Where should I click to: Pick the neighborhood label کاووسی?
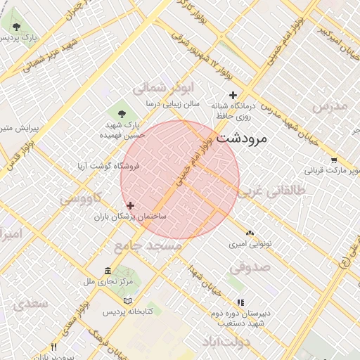coord(81,199)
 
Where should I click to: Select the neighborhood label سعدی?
coord(27,304)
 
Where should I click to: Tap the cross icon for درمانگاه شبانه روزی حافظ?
coord(233,95)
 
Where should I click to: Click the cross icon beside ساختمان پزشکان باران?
coord(131,205)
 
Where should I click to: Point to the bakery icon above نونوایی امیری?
coord(250,232)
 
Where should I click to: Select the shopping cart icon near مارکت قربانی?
coord(333,160)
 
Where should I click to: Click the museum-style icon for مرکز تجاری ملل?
coord(108,271)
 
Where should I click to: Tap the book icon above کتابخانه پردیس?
coord(127,301)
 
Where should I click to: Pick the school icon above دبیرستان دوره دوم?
coord(240,302)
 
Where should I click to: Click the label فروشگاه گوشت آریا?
coord(108,166)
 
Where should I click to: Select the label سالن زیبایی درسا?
coord(172,103)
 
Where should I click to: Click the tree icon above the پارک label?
coord(15,26)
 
